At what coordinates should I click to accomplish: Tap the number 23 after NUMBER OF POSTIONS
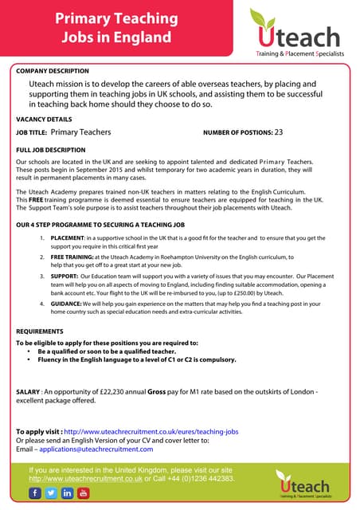(279, 132)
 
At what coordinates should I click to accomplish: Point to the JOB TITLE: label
(32, 133)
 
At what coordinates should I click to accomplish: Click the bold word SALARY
(28, 392)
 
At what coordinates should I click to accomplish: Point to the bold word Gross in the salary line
(158, 392)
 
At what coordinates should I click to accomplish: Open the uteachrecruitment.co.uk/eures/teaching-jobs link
(151, 431)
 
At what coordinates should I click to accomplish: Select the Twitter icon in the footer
(52, 493)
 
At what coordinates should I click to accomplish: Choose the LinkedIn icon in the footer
(68, 493)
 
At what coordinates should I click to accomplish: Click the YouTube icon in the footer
(84, 493)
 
